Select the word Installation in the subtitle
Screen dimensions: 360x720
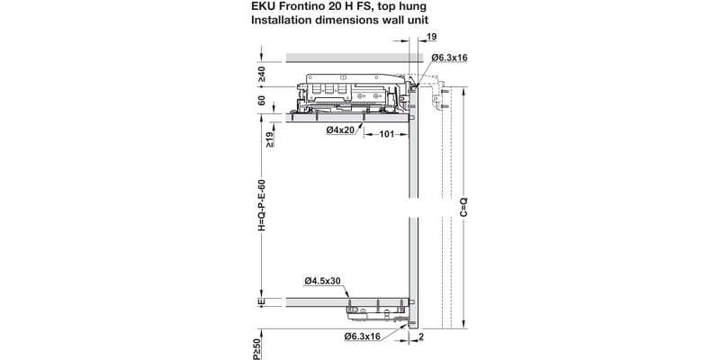272,19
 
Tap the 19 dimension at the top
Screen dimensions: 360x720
433,38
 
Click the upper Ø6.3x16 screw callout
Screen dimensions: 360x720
448,58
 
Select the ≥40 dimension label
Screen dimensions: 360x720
262,73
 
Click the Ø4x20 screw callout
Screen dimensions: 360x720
343,129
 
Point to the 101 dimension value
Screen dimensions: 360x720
385,135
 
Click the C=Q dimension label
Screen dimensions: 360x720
463,208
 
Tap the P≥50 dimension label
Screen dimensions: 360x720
256,349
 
